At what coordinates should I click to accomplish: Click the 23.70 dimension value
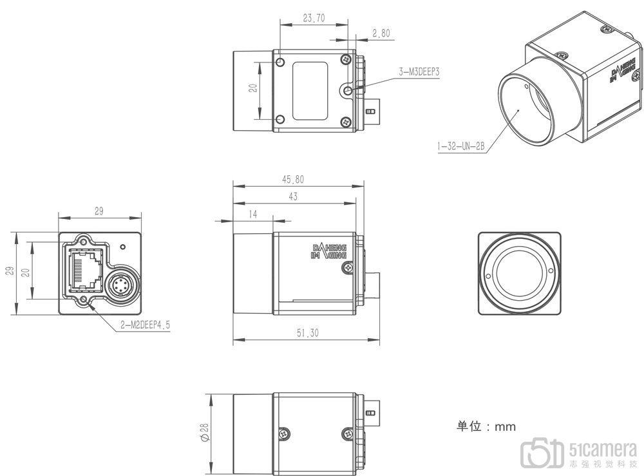pyautogui.click(x=314, y=18)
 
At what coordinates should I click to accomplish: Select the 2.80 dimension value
pyautogui.click(x=381, y=33)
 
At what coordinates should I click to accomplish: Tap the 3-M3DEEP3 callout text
pyautogui.click(x=419, y=72)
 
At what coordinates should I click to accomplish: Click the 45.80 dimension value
pyautogui.click(x=293, y=180)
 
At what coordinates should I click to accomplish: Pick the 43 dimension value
pyautogui.click(x=293, y=196)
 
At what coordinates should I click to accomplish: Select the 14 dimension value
pyautogui.click(x=253, y=214)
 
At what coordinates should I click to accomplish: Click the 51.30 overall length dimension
pyautogui.click(x=308, y=333)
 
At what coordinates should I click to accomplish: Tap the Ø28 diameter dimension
pyautogui.click(x=205, y=433)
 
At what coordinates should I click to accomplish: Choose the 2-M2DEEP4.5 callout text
pyautogui.click(x=145, y=326)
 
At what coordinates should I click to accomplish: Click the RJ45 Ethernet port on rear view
pyautogui.click(x=86, y=269)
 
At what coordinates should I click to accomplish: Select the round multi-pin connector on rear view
pyautogui.click(x=120, y=285)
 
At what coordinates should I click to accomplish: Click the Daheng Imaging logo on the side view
pyautogui.click(x=329, y=251)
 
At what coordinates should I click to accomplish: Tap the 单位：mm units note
pyautogui.click(x=486, y=426)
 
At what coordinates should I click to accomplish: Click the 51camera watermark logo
pyautogui.click(x=579, y=453)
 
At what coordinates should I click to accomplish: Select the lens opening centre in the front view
pyautogui.click(x=519, y=273)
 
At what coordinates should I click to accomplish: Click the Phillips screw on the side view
pyautogui.click(x=348, y=268)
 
